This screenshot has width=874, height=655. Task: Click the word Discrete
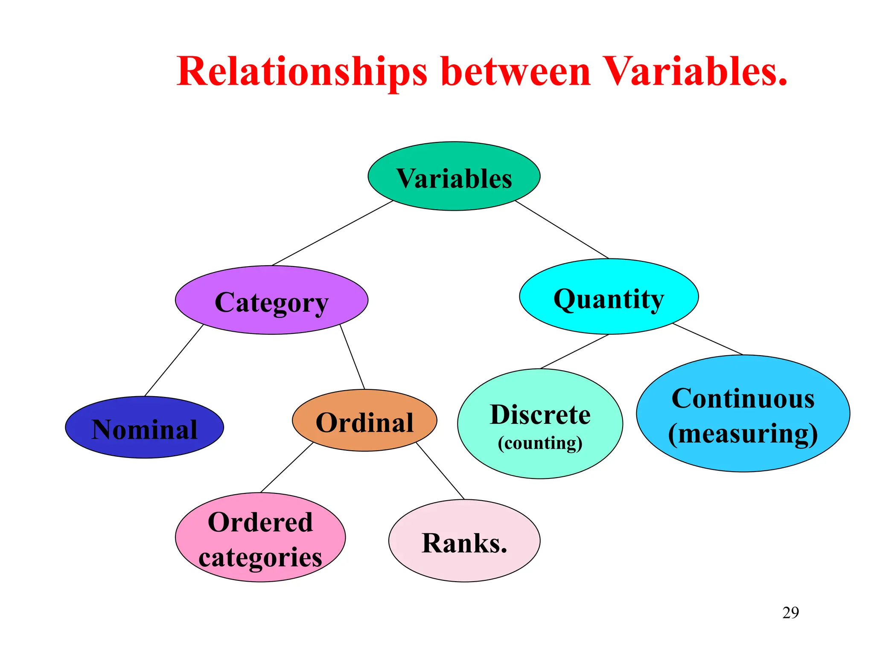540,414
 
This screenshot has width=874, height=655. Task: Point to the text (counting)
540,443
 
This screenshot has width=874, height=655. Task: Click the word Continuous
743,399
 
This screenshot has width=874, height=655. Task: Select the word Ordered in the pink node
260,522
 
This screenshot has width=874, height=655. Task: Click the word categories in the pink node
260,557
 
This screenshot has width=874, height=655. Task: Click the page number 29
790,613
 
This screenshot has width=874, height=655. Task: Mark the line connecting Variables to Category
332,233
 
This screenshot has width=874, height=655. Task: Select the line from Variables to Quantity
562,229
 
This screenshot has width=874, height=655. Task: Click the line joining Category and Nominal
174,360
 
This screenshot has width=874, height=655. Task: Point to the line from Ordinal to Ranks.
440,471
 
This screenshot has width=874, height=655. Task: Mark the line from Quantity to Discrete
574,351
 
